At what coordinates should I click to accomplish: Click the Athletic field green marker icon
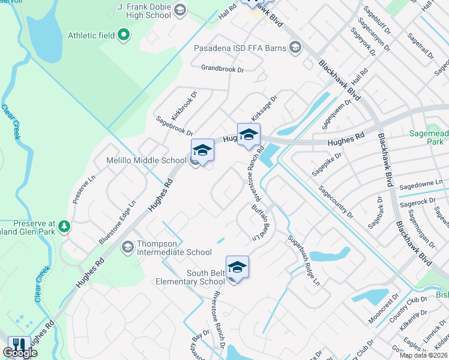pos(124,35)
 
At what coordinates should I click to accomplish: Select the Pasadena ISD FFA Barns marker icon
pos(295,47)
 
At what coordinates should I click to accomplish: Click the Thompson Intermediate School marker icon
pos(127,247)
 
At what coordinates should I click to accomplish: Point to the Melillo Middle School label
pos(138,160)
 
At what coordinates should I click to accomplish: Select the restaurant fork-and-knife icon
pos(19,345)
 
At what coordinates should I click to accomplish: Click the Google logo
pos(20,353)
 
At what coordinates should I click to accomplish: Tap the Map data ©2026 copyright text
pos(423,355)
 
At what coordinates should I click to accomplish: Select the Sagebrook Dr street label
pos(174,125)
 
